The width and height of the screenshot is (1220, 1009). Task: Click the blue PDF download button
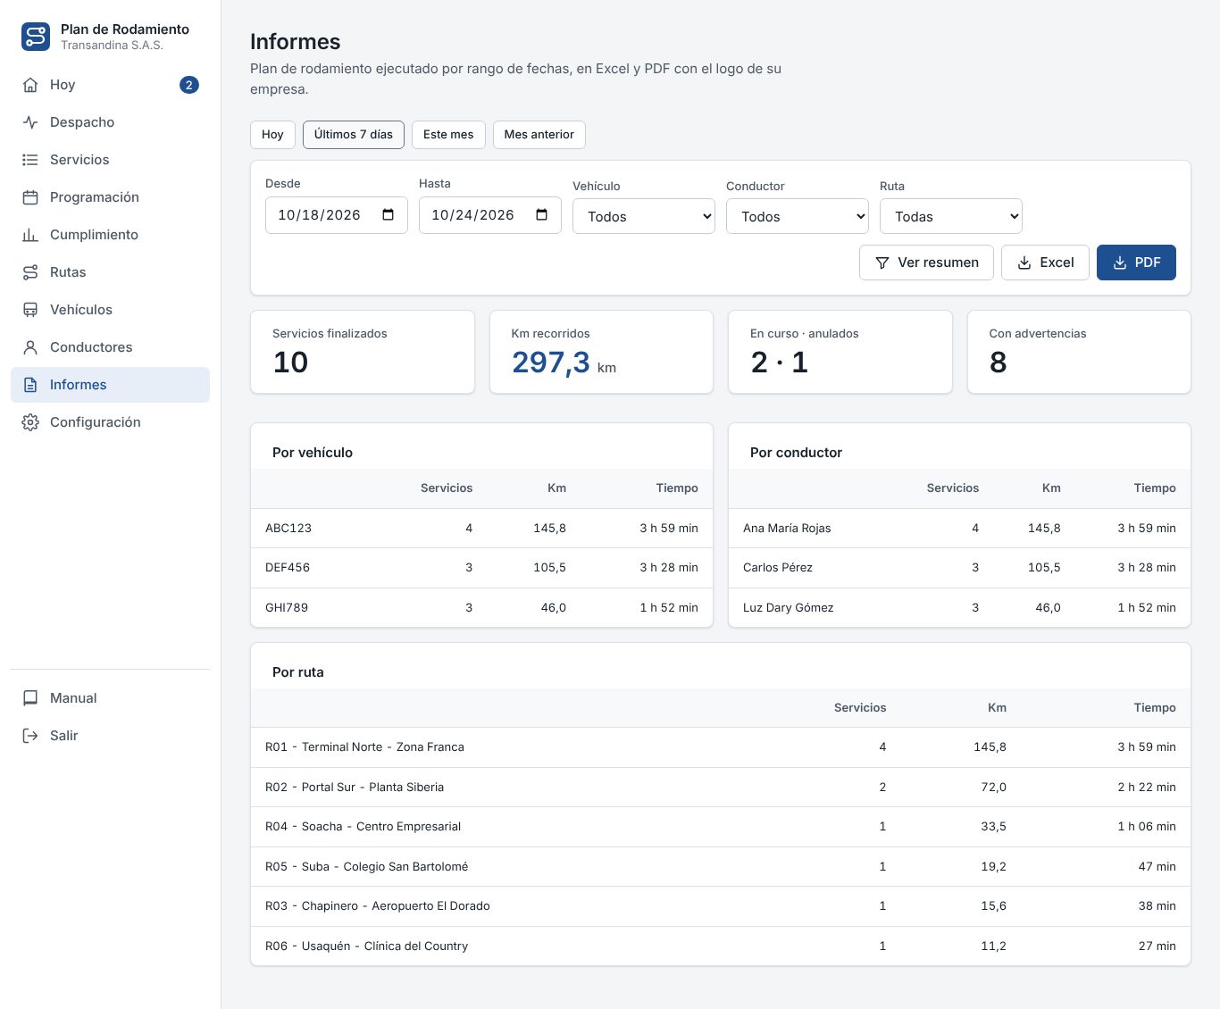pyautogui.click(x=1136, y=263)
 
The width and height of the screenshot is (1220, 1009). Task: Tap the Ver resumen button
pyautogui.click(x=926, y=263)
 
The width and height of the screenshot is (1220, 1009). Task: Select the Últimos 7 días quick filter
pyautogui.click(x=353, y=134)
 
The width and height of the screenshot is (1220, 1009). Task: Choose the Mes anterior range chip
pyautogui.click(x=539, y=134)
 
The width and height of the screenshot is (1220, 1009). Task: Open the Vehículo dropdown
pyautogui.click(x=643, y=216)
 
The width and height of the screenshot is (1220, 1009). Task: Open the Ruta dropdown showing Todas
pyautogui.click(x=950, y=216)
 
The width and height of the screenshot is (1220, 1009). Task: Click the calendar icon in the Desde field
pyautogui.click(x=388, y=214)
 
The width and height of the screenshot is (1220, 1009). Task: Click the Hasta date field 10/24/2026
pyautogui.click(x=489, y=215)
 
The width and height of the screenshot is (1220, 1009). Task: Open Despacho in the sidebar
pyautogui.click(x=82, y=122)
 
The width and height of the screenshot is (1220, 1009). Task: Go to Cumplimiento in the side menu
pyautogui.click(x=94, y=234)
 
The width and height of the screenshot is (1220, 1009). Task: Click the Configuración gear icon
pyautogui.click(x=30, y=421)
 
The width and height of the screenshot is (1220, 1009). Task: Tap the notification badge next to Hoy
pyautogui.click(x=188, y=85)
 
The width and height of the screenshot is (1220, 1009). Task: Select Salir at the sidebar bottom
pyautogui.click(x=63, y=735)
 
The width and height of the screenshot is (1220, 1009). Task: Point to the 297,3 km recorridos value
pyautogui.click(x=551, y=362)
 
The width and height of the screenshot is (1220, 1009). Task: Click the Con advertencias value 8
pyautogui.click(x=998, y=363)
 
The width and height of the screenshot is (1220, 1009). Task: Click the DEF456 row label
pyautogui.click(x=288, y=567)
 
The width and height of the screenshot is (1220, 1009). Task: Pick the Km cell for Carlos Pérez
pyautogui.click(x=1043, y=567)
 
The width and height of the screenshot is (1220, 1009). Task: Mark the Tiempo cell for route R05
pyautogui.click(x=1157, y=866)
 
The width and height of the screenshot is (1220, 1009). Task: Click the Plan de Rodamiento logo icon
pyautogui.click(x=36, y=37)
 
